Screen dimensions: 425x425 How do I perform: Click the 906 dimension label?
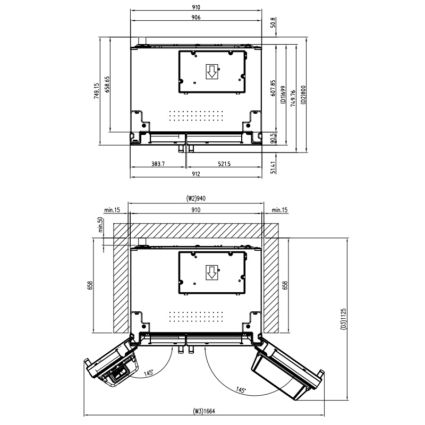(x=196, y=18)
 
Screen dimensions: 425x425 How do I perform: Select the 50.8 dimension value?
(x=273, y=22)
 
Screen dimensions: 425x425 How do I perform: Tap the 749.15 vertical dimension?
(x=97, y=91)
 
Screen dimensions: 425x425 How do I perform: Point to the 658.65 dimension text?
(x=107, y=84)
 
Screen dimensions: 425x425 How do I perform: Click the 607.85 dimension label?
(x=273, y=88)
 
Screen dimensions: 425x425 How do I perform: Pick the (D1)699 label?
(x=283, y=95)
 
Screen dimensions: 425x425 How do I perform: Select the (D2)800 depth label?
(x=303, y=95)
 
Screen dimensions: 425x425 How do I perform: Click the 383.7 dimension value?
(x=158, y=164)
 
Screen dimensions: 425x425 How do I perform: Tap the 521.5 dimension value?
(x=224, y=164)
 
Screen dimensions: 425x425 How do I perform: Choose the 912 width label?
(x=196, y=174)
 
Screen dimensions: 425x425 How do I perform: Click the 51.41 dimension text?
(x=273, y=167)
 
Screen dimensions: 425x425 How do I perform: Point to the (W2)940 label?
(x=195, y=198)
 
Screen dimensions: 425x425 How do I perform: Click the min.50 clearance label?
(x=100, y=224)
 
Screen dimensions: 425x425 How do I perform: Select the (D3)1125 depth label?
(x=343, y=319)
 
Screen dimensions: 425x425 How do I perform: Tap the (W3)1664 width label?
(x=204, y=411)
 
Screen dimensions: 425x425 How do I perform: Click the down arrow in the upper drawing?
(x=211, y=72)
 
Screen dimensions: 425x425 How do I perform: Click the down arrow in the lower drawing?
(x=211, y=273)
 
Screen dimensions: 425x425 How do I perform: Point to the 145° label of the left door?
(x=149, y=372)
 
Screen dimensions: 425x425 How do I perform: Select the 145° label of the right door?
(x=241, y=390)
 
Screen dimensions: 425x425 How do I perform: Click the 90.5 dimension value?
(x=273, y=138)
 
